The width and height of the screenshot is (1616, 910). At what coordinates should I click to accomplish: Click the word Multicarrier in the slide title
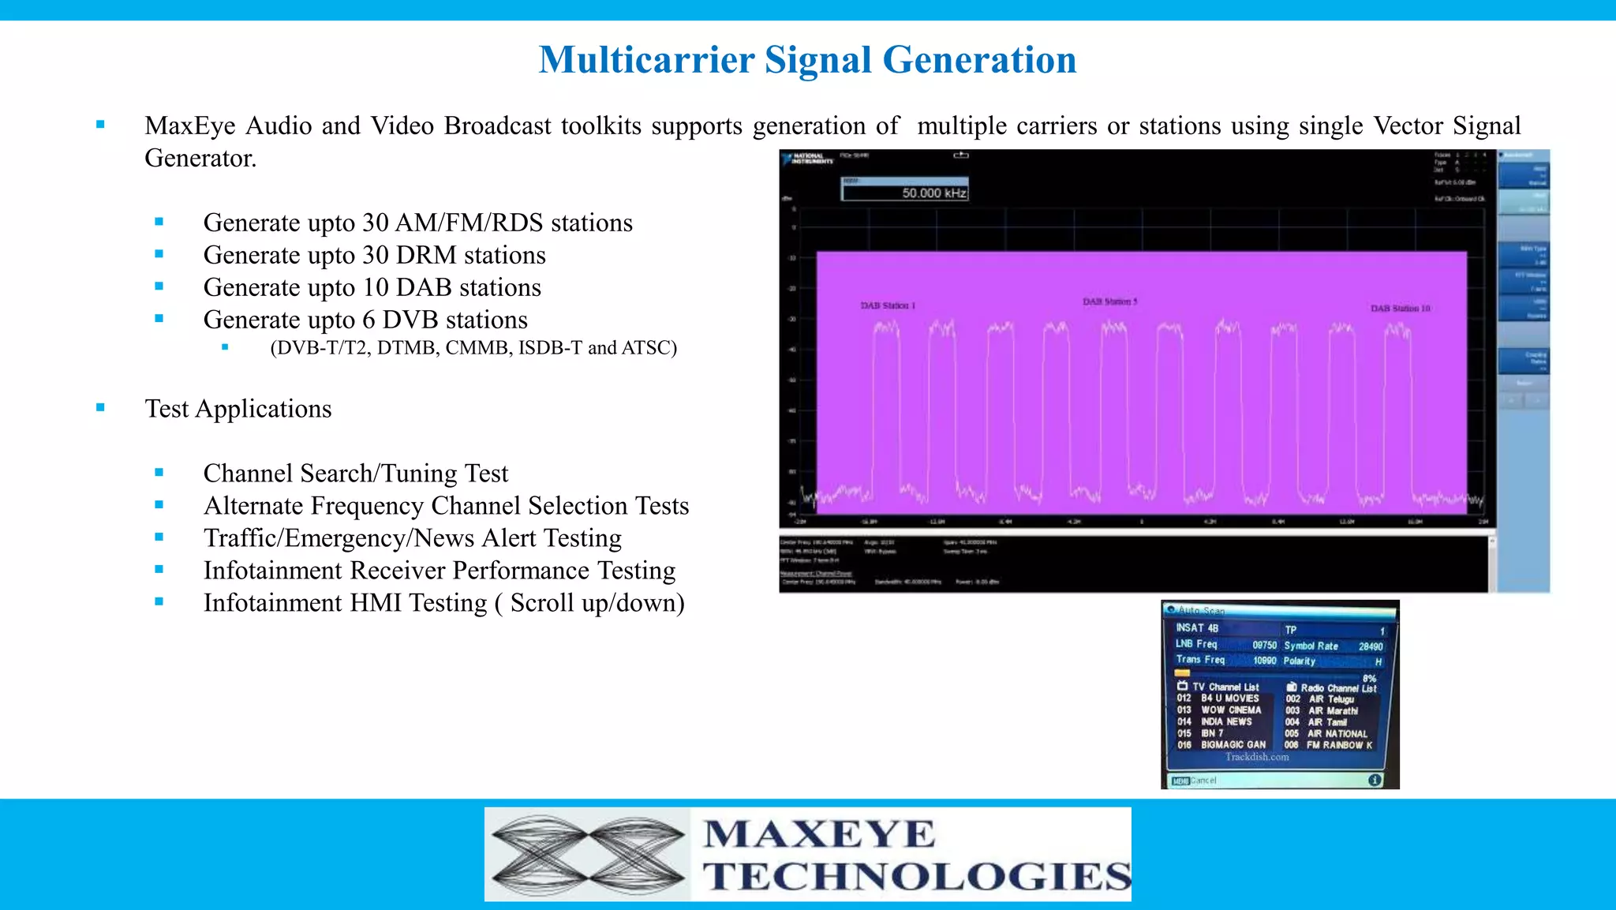tap(646, 60)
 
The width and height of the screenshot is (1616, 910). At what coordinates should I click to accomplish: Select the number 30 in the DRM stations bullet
tap(375, 255)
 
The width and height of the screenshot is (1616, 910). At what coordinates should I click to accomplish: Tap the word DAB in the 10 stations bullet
tap(424, 287)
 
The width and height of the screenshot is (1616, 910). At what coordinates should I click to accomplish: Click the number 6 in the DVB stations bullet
tap(368, 320)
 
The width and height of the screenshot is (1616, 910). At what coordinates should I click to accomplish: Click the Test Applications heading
tap(238, 409)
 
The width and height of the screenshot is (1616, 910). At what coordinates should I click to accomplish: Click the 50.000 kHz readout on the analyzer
tap(933, 193)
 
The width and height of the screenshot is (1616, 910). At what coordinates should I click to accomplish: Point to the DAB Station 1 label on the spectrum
tap(888, 305)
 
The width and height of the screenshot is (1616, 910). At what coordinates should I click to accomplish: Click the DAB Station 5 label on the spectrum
tap(1109, 301)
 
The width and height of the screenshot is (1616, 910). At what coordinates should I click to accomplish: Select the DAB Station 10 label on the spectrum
tap(1400, 309)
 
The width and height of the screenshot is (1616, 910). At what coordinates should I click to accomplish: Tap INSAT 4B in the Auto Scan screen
tap(1197, 628)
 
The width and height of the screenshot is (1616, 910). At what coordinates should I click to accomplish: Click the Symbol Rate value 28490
tap(1371, 646)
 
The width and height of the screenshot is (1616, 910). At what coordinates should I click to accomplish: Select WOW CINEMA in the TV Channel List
tap(1231, 710)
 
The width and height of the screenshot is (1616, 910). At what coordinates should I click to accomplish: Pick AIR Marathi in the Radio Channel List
tap(1333, 711)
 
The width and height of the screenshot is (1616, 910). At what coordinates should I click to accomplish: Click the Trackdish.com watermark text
tap(1257, 757)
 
